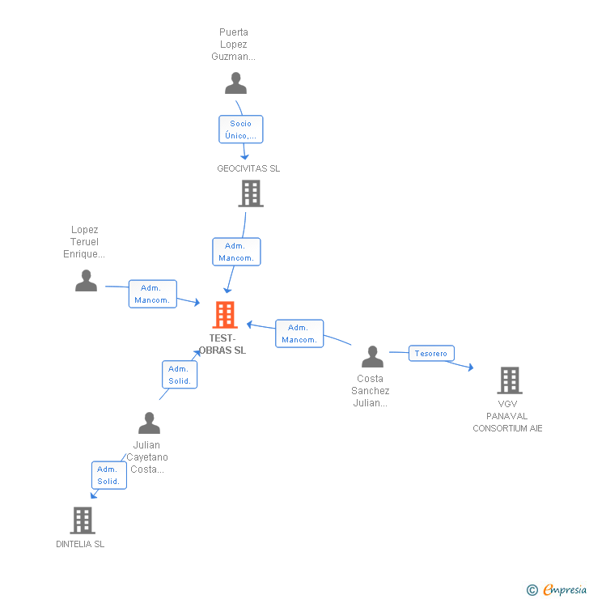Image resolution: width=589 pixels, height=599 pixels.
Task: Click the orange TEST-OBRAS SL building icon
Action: pos(224,315)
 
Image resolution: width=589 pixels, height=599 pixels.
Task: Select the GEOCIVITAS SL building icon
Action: pos(251,193)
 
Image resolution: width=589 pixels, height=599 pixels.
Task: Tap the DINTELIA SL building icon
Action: pos(82,520)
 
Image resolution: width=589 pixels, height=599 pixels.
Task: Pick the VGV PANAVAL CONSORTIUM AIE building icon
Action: pos(509,380)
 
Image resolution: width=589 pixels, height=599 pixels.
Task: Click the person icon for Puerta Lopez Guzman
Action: pos(235,83)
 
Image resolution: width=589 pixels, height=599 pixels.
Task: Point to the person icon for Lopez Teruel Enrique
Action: pos(86,281)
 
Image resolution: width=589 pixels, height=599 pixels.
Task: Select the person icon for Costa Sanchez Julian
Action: pos(372,357)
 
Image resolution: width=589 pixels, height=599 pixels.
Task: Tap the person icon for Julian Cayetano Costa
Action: pos(149,423)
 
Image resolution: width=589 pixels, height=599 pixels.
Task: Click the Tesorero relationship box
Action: pos(431,353)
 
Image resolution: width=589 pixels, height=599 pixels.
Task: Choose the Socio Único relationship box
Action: pos(240,130)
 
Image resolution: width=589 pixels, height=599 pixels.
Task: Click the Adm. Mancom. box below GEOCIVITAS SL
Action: pos(236,252)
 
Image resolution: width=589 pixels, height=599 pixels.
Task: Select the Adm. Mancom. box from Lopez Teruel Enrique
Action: pos(152,294)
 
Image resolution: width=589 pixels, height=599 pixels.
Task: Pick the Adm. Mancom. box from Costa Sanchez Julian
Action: pos(299,333)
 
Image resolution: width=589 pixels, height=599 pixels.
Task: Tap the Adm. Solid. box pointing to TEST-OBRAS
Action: pos(180,375)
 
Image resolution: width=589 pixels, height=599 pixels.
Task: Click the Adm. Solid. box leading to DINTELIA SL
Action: pos(108,475)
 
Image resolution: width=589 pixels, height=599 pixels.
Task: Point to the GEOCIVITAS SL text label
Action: pos(248,168)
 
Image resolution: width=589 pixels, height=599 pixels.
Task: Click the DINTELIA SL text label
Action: pos(80,544)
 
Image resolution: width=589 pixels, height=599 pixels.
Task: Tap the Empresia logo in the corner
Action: pos(557,590)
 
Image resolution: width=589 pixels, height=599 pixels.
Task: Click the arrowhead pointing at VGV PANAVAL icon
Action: pos(470,368)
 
